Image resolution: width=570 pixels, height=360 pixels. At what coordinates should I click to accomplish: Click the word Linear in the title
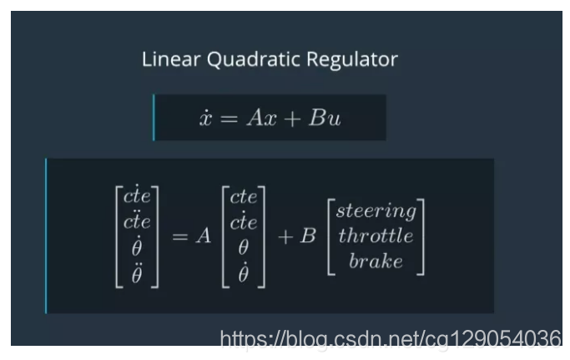[167, 60]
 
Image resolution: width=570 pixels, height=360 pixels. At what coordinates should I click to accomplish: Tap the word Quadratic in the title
[240, 60]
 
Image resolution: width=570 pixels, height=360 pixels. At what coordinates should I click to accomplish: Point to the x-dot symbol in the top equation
[205, 118]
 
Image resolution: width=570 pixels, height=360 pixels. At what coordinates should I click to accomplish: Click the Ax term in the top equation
[258, 118]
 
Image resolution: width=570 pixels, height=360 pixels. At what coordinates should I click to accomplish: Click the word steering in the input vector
[376, 210]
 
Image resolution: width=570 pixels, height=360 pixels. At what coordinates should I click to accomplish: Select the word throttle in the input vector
[376, 236]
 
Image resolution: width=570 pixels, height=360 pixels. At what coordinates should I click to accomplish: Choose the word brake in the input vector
[376, 261]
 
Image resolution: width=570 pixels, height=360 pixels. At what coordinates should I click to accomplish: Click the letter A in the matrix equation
[203, 236]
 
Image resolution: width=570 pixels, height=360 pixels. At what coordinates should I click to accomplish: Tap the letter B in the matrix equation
[308, 236]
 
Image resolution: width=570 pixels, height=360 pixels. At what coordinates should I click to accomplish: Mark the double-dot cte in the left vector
[137, 222]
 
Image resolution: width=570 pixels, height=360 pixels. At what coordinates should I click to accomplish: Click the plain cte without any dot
[244, 198]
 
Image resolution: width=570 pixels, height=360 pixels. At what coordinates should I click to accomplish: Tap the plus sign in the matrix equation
[285, 236]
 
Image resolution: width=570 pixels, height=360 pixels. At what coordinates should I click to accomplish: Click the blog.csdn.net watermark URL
[390, 338]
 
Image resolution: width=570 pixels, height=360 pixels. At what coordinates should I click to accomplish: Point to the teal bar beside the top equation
[154, 118]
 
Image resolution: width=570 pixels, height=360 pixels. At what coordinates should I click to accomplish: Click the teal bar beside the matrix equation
[46, 236]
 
